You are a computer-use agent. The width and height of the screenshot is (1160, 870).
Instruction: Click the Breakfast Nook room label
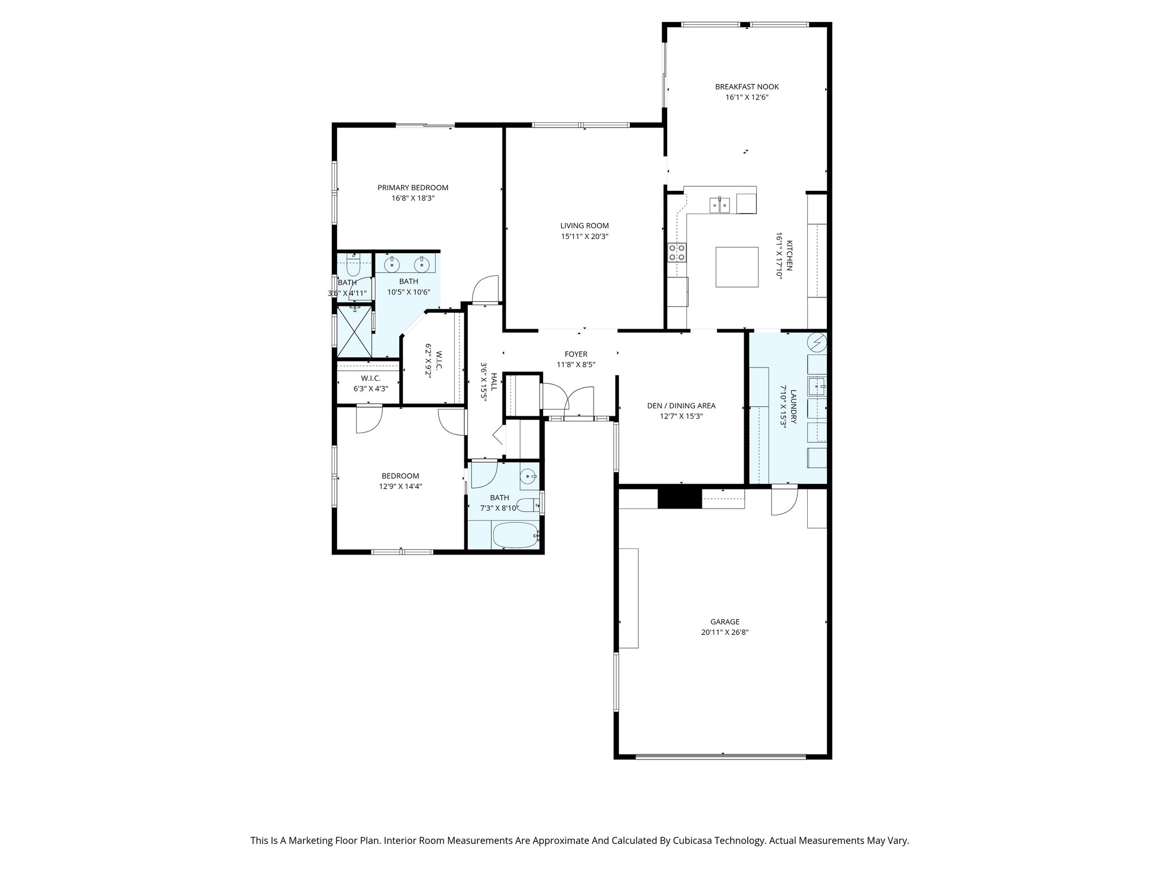(747, 87)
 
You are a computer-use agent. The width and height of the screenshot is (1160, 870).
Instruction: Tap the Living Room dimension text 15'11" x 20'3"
(585, 236)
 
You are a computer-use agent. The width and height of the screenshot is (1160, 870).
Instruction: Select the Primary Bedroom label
(413, 187)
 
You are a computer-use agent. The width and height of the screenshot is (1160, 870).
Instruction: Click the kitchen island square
(737, 267)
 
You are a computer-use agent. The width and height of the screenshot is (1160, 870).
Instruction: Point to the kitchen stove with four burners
(677, 252)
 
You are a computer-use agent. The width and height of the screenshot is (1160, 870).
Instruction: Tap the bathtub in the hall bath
(515, 535)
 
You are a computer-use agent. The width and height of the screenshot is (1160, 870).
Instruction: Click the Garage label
(725, 621)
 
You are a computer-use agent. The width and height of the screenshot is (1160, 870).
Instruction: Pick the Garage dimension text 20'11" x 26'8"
(725, 632)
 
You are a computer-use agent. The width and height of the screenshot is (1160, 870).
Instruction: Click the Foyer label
(576, 354)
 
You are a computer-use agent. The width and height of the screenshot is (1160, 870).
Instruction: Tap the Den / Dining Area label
(681, 406)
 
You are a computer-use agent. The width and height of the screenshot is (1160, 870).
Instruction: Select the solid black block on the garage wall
(680, 498)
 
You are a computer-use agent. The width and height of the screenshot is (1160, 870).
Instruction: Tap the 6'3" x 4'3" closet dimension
(371, 389)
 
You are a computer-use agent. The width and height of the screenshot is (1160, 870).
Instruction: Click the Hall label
(494, 381)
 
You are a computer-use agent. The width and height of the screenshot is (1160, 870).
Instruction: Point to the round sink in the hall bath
(528, 476)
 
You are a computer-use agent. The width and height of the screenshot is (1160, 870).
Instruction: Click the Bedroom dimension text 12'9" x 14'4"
(400, 486)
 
